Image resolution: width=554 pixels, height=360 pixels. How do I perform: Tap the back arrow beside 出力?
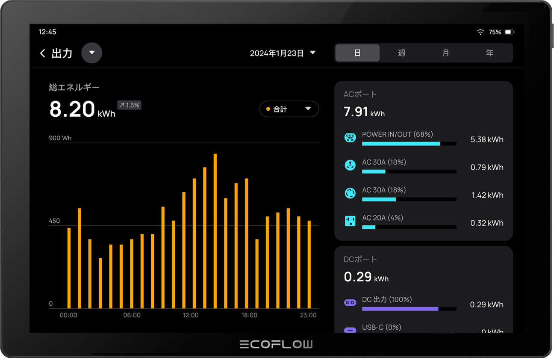(42, 53)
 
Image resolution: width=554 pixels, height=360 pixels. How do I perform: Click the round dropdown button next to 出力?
(91, 53)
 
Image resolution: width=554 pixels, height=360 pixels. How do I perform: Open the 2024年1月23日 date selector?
(283, 53)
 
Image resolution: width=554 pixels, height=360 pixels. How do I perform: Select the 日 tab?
(357, 53)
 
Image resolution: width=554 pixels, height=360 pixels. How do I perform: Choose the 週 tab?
(401, 53)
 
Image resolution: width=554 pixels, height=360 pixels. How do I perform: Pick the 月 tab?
(445, 53)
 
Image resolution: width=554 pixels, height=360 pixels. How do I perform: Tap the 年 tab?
(489, 53)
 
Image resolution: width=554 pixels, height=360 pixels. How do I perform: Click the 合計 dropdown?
(289, 109)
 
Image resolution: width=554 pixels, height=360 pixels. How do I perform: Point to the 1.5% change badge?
(129, 105)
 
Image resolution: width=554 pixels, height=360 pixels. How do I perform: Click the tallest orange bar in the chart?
(215, 231)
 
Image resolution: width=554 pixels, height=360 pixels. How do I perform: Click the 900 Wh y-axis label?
(61, 138)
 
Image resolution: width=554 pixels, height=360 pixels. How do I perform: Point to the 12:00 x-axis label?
(191, 316)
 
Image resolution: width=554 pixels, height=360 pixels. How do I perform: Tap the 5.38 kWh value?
(486, 139)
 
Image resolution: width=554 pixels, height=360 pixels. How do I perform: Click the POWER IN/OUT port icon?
(350, 138)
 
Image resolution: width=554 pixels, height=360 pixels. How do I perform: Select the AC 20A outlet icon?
(350, 221)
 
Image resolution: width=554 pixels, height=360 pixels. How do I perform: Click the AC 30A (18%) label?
(383, 190)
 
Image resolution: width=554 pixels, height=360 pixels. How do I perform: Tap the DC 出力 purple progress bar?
(400, 308)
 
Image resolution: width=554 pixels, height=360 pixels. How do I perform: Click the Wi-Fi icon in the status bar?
(480, 32)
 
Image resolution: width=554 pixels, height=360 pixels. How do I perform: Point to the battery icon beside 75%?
(509, 32)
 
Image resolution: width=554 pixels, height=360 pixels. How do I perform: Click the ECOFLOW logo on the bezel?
(276, 344)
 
